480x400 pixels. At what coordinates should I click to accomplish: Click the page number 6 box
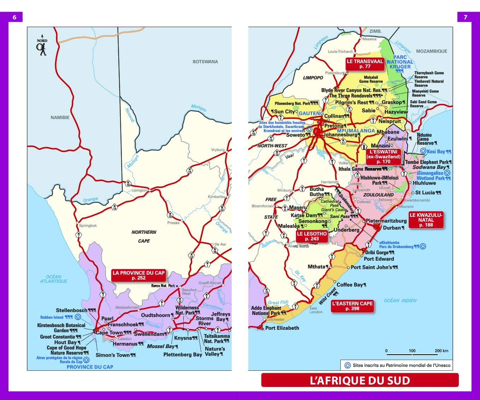14,17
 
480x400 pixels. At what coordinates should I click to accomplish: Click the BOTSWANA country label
205,62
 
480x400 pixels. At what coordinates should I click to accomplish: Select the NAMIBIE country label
60,117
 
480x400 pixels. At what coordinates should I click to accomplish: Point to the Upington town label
139,190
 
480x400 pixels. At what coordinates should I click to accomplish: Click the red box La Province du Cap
138,275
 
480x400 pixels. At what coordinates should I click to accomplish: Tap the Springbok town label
88,225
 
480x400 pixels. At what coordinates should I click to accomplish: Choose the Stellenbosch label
72,310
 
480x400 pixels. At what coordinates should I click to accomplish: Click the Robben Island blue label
52,317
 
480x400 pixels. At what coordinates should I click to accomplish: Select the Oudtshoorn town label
155,315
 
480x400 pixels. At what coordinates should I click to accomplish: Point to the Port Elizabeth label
282,328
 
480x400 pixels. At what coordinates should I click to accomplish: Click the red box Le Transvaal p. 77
365,64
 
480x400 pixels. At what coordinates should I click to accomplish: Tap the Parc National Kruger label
400,62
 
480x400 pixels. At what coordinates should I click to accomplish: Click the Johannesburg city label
340,135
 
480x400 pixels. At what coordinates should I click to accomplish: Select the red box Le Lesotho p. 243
312,236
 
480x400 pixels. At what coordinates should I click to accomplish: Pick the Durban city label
392,228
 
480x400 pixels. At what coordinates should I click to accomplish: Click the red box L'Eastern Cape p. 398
352,306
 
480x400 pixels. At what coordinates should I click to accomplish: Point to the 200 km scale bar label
441,351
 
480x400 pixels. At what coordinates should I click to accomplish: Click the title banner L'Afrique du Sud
360,380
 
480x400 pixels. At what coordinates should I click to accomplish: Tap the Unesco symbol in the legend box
347,365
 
